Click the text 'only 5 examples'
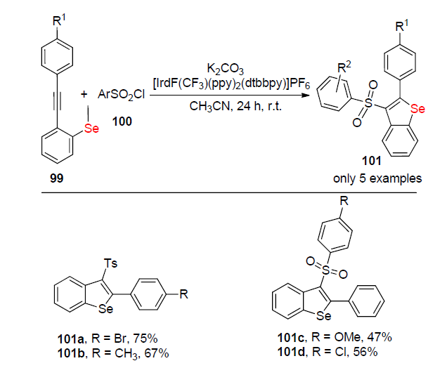click(377, 178)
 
